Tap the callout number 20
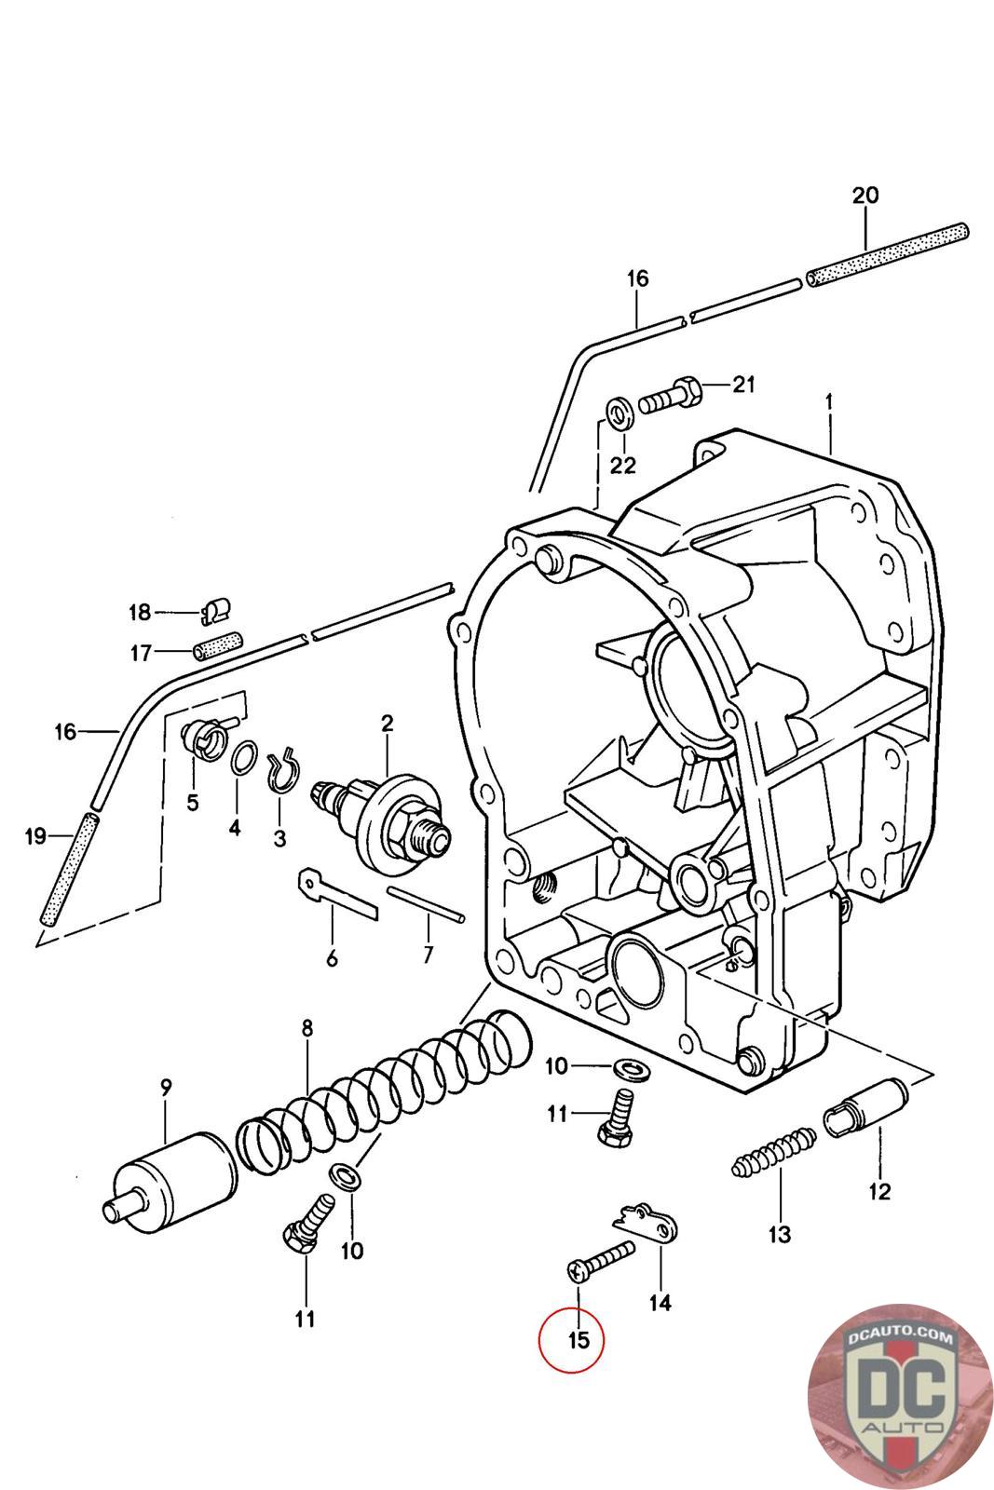(865, 195)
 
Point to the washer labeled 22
(619, 413)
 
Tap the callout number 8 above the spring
(306, 1028)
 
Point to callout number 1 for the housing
(829, 402)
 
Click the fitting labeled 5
(204, 735)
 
